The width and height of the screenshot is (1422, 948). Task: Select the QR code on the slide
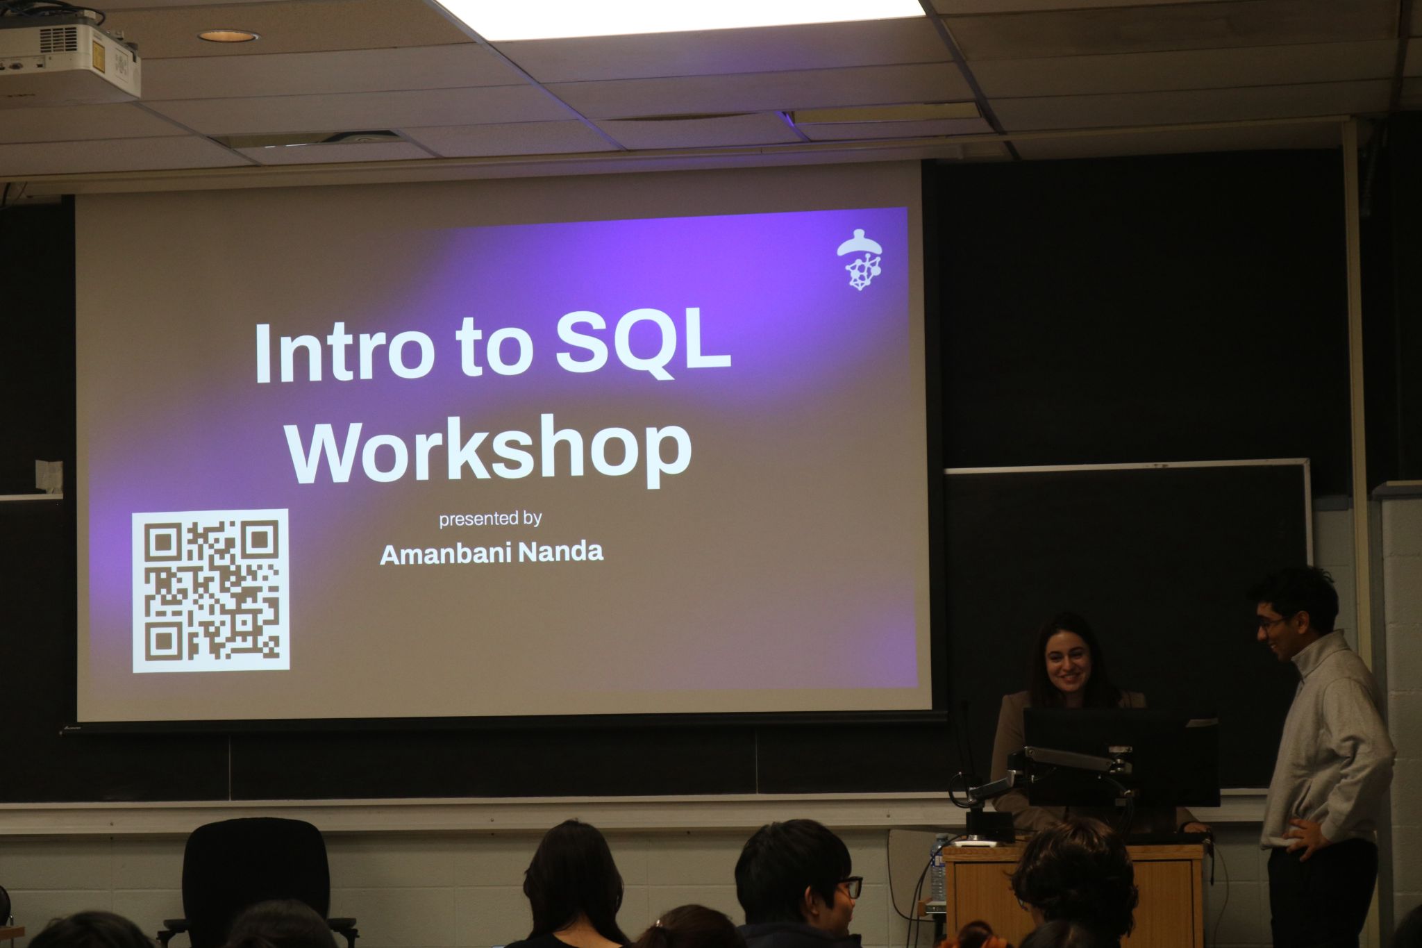(210, 591)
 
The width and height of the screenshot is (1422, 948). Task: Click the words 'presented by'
(490, 519)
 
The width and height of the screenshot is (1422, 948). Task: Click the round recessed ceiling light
(228, 35)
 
